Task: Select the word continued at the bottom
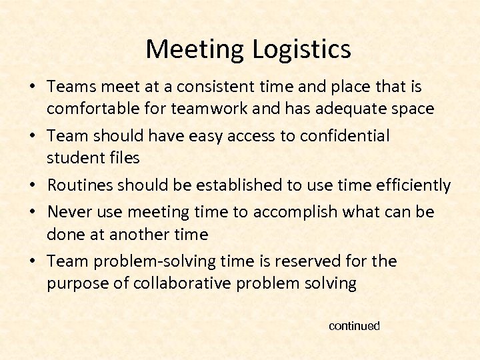coord(354,326)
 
